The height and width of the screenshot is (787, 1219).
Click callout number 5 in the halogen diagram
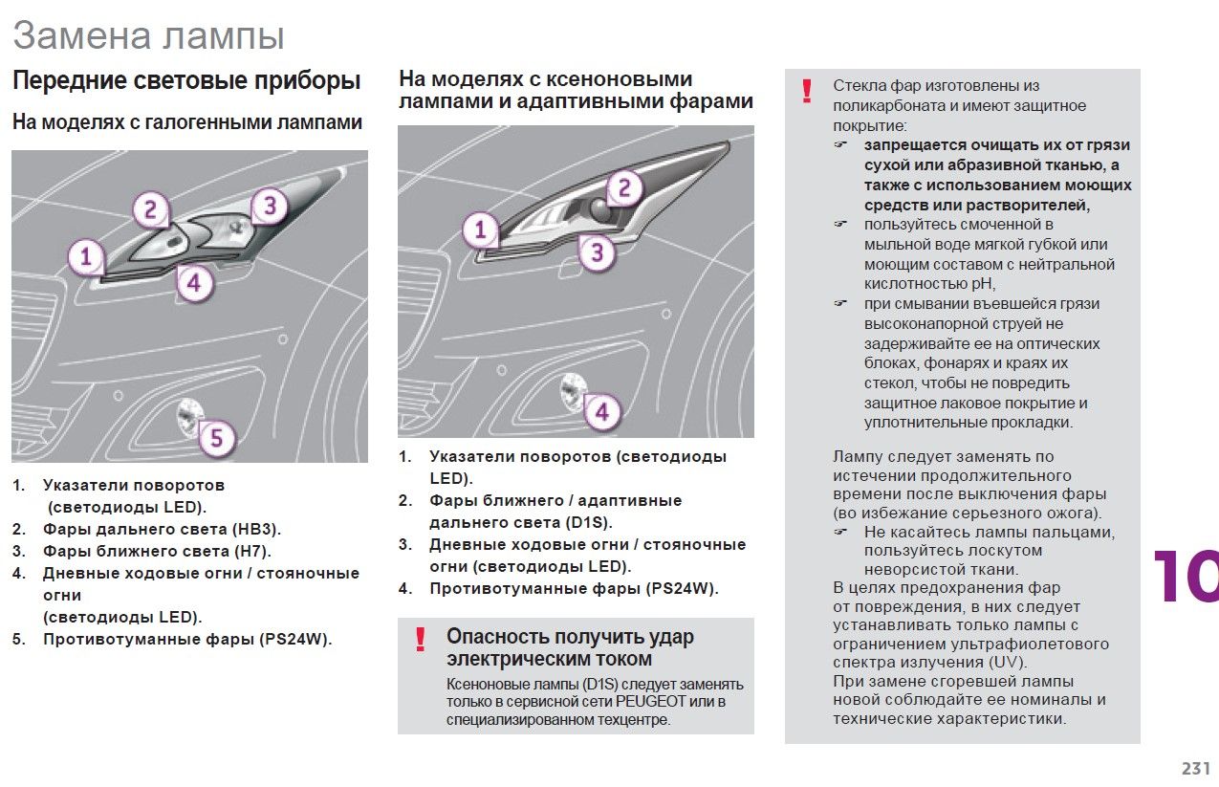click(216, 438)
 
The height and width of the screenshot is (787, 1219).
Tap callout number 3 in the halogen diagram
click(270, 206)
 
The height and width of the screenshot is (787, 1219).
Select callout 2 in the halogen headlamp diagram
click(150, 209)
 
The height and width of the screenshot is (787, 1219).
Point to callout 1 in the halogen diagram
click(86, 256)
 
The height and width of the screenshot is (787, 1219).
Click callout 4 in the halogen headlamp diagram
click(194, 283)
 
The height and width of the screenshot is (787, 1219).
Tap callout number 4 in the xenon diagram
click(601, 413)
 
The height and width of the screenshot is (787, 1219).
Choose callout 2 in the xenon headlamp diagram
click(623, 187)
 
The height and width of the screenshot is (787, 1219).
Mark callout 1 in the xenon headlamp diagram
click(481, 230)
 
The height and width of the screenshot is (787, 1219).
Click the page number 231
click(1196, 768)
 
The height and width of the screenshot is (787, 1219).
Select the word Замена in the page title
click(81, 36)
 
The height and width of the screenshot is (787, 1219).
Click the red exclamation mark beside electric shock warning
click(420, 640)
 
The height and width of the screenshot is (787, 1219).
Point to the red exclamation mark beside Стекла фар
click(808, 91)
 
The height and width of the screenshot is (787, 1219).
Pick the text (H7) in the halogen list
click(252, 551)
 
